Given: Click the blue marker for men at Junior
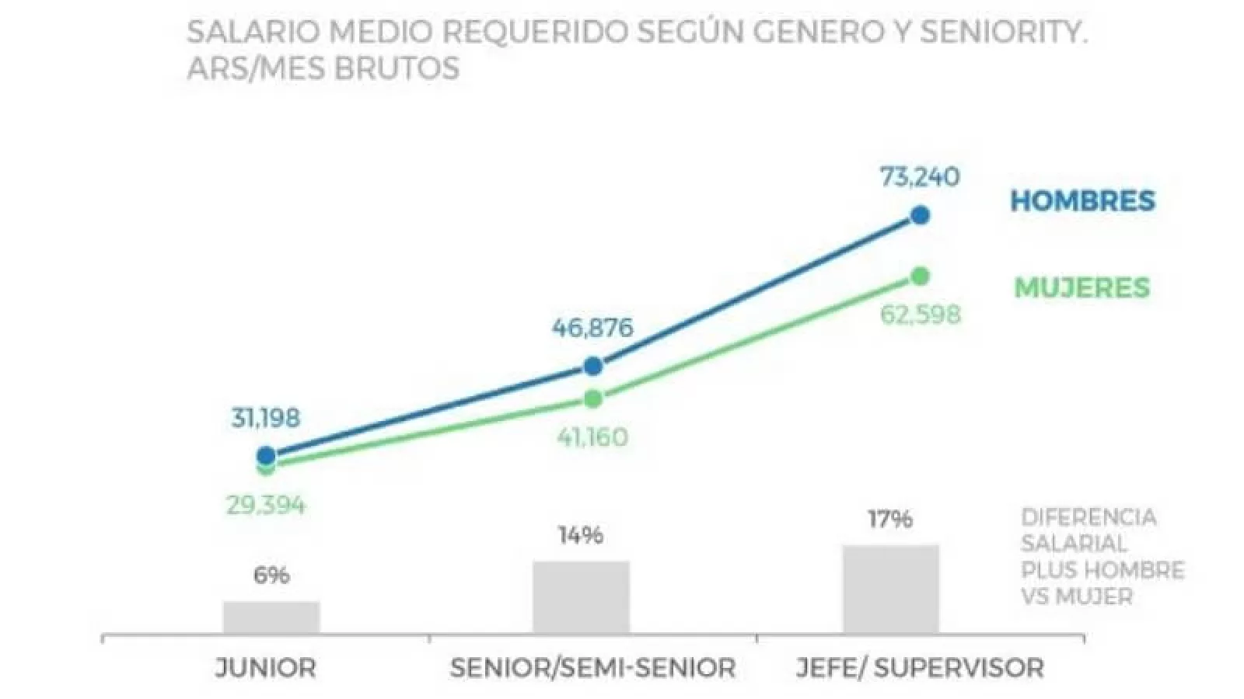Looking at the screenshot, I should pos(266,456).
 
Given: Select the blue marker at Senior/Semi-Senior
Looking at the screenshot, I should pos(593,366).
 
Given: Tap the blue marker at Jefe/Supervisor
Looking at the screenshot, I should pos(921,215).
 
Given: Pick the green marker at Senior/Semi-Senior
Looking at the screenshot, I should pos(593,399).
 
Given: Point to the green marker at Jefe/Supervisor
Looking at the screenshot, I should pos(921,276).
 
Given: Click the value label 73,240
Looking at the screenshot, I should pos(920,177).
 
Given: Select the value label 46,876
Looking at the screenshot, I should pos(592,328).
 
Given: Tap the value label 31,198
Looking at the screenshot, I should pos(265,419).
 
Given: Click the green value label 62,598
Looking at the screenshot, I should pos(920,315).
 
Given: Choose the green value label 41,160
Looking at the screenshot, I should pos(592,437).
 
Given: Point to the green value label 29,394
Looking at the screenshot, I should pos(266,506).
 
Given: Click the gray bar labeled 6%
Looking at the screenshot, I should pos(271,617).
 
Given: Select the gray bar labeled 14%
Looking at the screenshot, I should pos(581,597).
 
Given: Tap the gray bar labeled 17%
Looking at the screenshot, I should pos(891,589).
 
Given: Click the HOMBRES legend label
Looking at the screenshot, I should pos(1082,201).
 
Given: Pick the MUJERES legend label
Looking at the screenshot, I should pos(1082,287).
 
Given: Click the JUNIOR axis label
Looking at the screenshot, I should pos(266,667).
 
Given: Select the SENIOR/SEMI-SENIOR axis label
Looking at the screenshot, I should pos(592,667).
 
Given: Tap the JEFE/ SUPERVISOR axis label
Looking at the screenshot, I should pos(920,667).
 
